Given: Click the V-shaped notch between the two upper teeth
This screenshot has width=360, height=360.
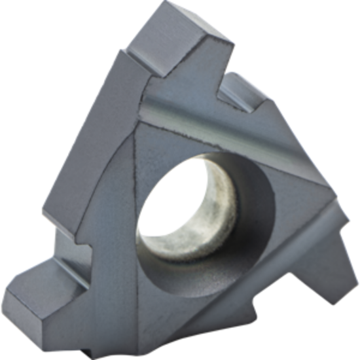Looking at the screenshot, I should tap(223, 82).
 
